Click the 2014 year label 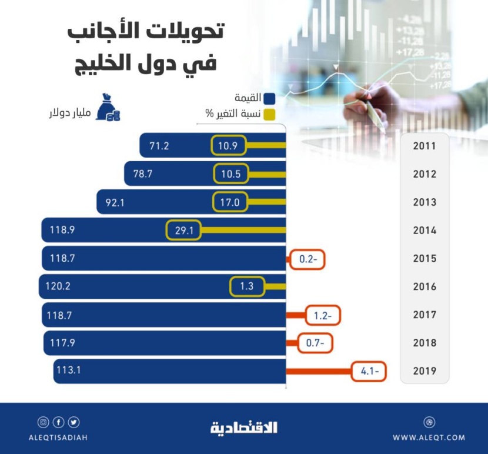point(424,231)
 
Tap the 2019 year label point(424,371)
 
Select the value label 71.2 point(159,146)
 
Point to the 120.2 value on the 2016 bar point(58,287)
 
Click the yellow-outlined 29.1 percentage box point(183,231)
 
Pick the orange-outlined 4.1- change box point(369,371)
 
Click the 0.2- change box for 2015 point(307,259)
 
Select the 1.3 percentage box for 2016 point(247,287)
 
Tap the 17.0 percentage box point(230,202)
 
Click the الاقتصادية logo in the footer point(244,428)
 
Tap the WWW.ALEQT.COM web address point(429,438)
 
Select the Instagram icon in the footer point(43,422)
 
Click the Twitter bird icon point(74,422)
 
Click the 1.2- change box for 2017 point(323,315)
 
